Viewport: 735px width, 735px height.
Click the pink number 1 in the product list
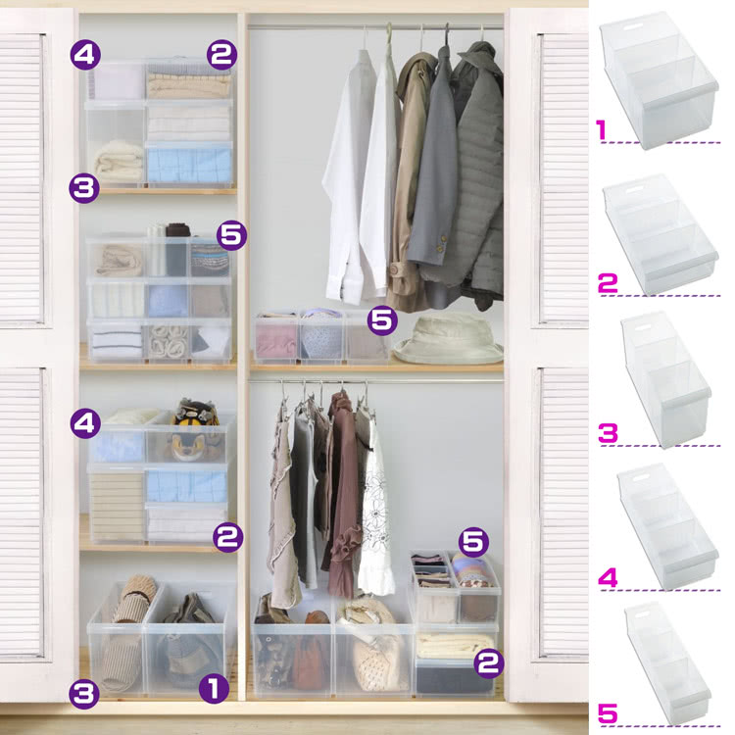(x=602, y=129)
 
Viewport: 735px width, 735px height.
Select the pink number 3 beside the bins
(x=608, y=432)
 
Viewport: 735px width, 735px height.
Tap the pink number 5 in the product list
(x=608, y=713)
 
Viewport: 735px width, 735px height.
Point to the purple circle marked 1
(x=214, y=689)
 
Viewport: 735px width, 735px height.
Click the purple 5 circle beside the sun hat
(x=382, y=320)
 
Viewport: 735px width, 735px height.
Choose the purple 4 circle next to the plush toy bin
(x=85, y=423)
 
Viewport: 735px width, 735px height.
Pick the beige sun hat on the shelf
(x=448, y=339)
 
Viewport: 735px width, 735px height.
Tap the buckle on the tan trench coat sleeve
(x=396, y=269)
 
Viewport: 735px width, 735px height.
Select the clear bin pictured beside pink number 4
(x=668, y=527)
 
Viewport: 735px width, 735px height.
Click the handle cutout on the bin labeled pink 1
(x=631, y=28)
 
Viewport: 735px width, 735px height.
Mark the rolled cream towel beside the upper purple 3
(x=119, y=161)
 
